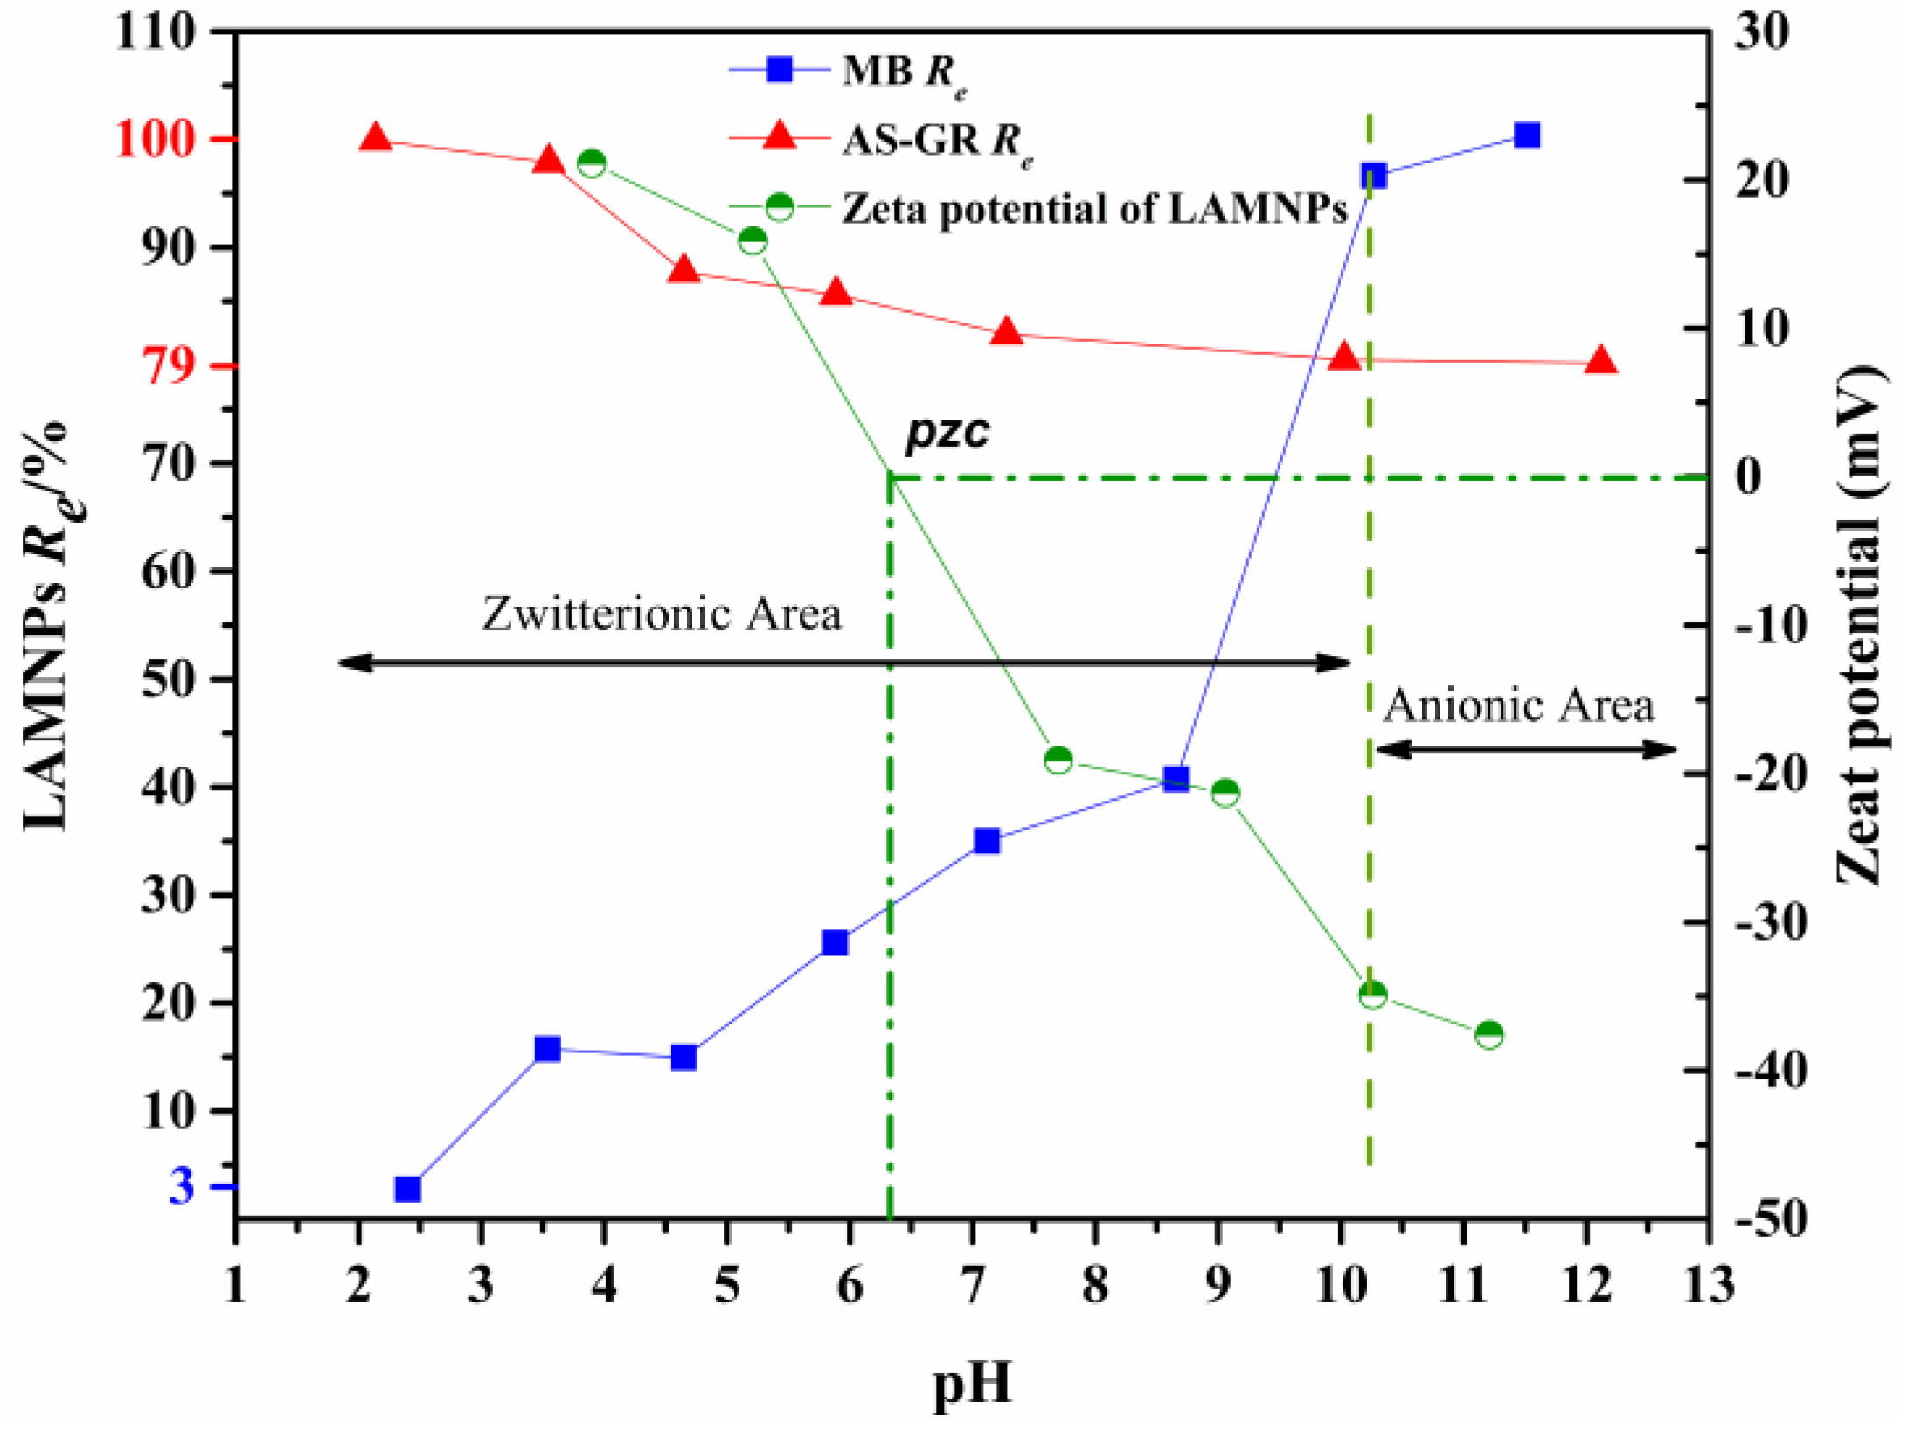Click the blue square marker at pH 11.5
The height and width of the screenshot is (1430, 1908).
pyautogui.click(x=1526, y=135)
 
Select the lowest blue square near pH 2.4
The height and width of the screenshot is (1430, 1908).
pyautogui.click(x=408, y=1190)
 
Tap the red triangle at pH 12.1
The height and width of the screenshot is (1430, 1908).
pyautogui.click(x=1601, y=360)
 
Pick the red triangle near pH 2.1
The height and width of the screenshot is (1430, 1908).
pyautogui.click(x=376, y=138)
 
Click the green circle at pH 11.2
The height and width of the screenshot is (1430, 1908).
pyautogui.click(x=1489, y=1035)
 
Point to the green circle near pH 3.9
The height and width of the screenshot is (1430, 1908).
pyautogui.click(x=592, y=163)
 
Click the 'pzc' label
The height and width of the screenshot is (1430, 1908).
pyautogui.click(x=947, y=431)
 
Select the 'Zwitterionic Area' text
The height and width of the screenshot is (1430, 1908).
pyautogui.click(x=662, y=614)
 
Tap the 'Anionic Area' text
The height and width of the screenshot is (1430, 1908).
pyautogui.click(x=1518, y=705)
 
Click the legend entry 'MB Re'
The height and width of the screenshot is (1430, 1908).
pyautogui.click(x=905, y=72)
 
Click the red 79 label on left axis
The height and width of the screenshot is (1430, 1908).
pyautogui.click(x=168, y=366)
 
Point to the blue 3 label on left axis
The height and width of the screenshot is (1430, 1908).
pyautogui.click(x=182, y=1186)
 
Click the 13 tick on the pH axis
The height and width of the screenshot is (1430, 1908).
pyautogui.click(x=1709, y=1285)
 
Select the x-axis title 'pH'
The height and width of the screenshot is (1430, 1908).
pyautogui.click(x=972, y=1383)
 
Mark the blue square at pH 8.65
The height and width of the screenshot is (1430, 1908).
pyautogui.click(x=1176, y=779)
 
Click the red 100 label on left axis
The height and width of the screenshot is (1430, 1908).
pyautogui.click(x=154, y=139)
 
